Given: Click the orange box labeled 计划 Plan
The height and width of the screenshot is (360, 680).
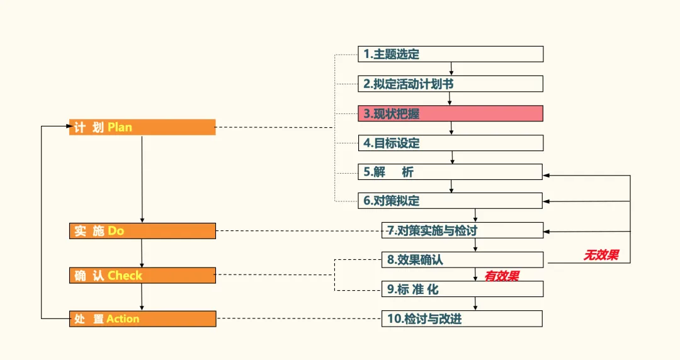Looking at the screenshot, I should (142, 127).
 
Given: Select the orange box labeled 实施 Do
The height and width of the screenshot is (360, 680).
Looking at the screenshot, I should (142, 231).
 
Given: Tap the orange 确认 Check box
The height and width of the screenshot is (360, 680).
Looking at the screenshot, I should (142, 275).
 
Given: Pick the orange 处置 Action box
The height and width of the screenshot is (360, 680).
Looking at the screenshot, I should (142, 318).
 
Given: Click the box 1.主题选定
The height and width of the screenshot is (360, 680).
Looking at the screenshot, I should (450, 54).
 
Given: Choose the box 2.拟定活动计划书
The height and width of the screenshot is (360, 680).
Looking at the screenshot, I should (450, 84).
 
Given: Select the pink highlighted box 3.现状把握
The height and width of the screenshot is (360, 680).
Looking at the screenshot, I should (450, 113).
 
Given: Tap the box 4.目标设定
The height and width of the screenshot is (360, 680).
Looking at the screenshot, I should (450, 143).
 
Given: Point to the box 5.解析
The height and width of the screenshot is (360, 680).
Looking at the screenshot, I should (450, 172).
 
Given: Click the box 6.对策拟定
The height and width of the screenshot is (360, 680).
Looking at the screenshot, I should (450, 201).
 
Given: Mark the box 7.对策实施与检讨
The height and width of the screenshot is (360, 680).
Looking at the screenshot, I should (462, 230).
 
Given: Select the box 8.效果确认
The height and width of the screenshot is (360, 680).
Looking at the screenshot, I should (462, 259).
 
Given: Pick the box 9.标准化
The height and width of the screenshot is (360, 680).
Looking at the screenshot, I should (462, 289).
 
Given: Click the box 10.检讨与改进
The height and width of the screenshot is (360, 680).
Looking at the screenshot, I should (462, 318).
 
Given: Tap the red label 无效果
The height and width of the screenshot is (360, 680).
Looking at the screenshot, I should (601, 255).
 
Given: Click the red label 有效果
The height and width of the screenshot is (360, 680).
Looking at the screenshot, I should (502, 276).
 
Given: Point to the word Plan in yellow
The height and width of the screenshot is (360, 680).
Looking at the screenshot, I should (120, 127).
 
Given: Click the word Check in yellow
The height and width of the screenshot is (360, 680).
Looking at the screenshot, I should (125, 275).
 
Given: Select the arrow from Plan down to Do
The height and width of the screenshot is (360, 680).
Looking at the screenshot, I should (142, 179).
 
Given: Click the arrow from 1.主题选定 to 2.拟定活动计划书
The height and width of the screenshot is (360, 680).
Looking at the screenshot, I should (451, 69).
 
